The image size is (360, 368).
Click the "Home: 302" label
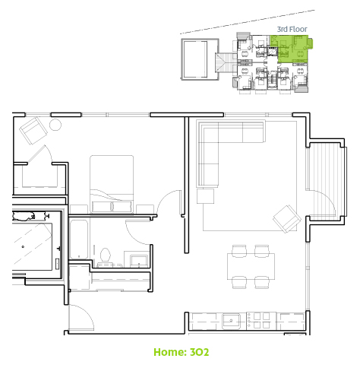(x=182, y=352)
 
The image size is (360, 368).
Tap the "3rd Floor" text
(x=292, y=29)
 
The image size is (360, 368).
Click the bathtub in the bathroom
(x=79, y=240)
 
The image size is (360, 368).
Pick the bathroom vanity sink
(x=138, y=261)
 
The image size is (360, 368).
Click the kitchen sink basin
(x=231, y=321)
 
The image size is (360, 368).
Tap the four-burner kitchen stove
(x=261, y=321)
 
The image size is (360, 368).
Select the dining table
(x=251, y=266)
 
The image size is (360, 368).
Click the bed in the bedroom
(x=112, y=184)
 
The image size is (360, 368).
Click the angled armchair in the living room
(x=287, y=219)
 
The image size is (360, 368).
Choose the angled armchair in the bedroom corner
(x=33, y=131)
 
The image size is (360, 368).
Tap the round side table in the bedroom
(x=55, y=125)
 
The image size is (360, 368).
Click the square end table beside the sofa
(x=205, y=196)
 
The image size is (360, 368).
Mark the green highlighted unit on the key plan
(x=291, y=48)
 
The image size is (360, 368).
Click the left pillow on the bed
(x=101, y=206)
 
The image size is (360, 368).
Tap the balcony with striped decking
(x=326, y=181)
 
